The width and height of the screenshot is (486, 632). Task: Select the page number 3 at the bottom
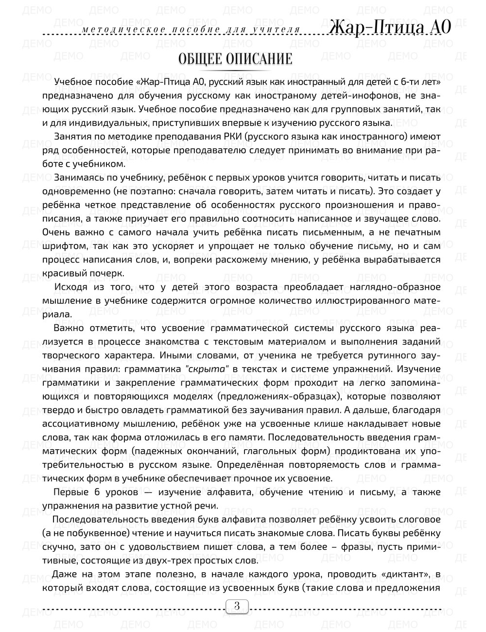pos(237,606)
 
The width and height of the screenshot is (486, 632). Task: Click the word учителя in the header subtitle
pos(278,30)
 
